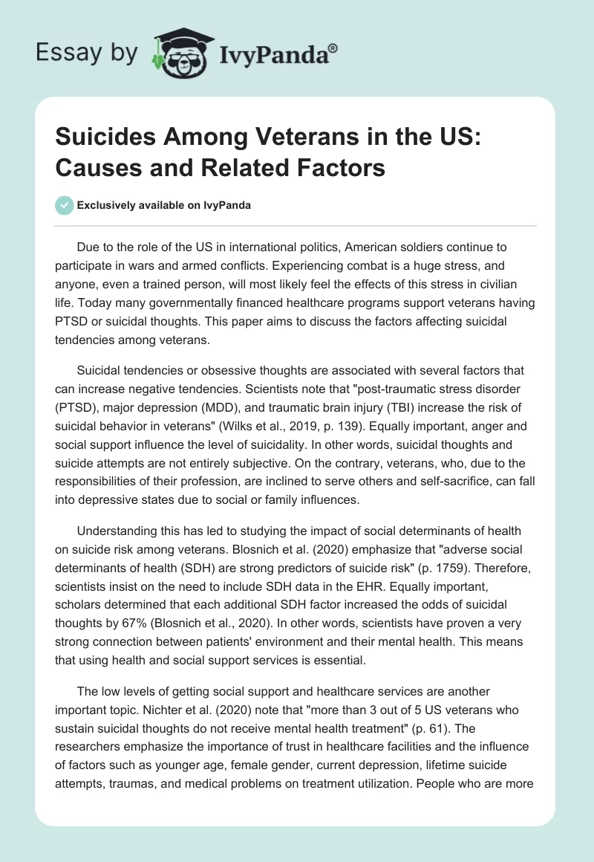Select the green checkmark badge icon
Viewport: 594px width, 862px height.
65,205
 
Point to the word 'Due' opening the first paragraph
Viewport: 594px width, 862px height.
87,247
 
